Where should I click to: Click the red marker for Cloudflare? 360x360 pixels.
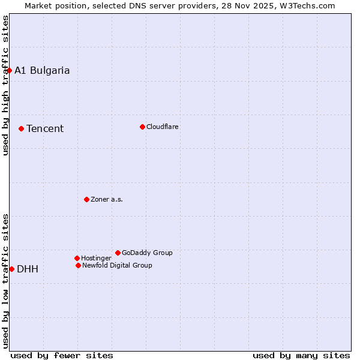point(142,127)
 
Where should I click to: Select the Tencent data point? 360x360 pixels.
point(21,128)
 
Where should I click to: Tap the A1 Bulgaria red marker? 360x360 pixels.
point(9,70)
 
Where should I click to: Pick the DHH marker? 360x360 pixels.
point(11,269)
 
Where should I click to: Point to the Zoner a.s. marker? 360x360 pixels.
point(86,199)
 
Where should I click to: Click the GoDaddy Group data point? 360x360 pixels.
point(118,253)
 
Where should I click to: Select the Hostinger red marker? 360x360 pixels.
point(77,258)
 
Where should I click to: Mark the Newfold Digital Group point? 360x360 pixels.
point(78,265)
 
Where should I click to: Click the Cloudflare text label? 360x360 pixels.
point(163,127)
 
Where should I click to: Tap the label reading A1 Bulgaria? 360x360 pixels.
point(42,70)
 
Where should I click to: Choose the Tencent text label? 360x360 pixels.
point(45,128)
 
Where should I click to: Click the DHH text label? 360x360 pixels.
point(28,269)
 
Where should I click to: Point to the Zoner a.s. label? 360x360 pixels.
point(107,199)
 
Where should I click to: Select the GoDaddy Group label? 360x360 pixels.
point(147,253)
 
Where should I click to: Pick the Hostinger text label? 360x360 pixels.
point(96,258)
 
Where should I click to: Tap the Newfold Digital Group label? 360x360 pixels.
point(117,265)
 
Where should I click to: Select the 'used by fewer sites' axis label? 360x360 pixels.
point(62,355)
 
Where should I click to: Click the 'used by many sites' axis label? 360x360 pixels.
point(301,355)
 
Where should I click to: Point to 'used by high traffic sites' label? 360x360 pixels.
point(5,85)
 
